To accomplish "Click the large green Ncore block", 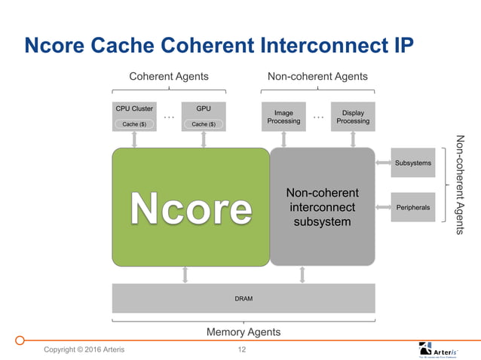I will tap(191, 206).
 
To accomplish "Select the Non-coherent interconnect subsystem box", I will tap(323, 206).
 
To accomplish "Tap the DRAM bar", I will tap(244, 298).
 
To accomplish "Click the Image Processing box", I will tap(283, 117).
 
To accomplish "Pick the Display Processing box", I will tap(353, 117).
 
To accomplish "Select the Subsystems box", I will tap(412, 163).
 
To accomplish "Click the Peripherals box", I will tap(412, 206).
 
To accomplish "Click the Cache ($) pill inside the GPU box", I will tap(204, 124).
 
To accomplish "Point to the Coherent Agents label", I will tap(169, 76).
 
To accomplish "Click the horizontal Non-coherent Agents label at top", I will tap(318, 76).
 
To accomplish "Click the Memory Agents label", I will tap(244, 331).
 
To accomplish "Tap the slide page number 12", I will tap(242, 349).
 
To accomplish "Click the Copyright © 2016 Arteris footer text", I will tap(84, 349).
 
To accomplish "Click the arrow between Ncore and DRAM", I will tap(185, 275).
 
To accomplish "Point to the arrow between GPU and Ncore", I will tap(204, 139).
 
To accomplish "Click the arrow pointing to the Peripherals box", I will tap(382, 206).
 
